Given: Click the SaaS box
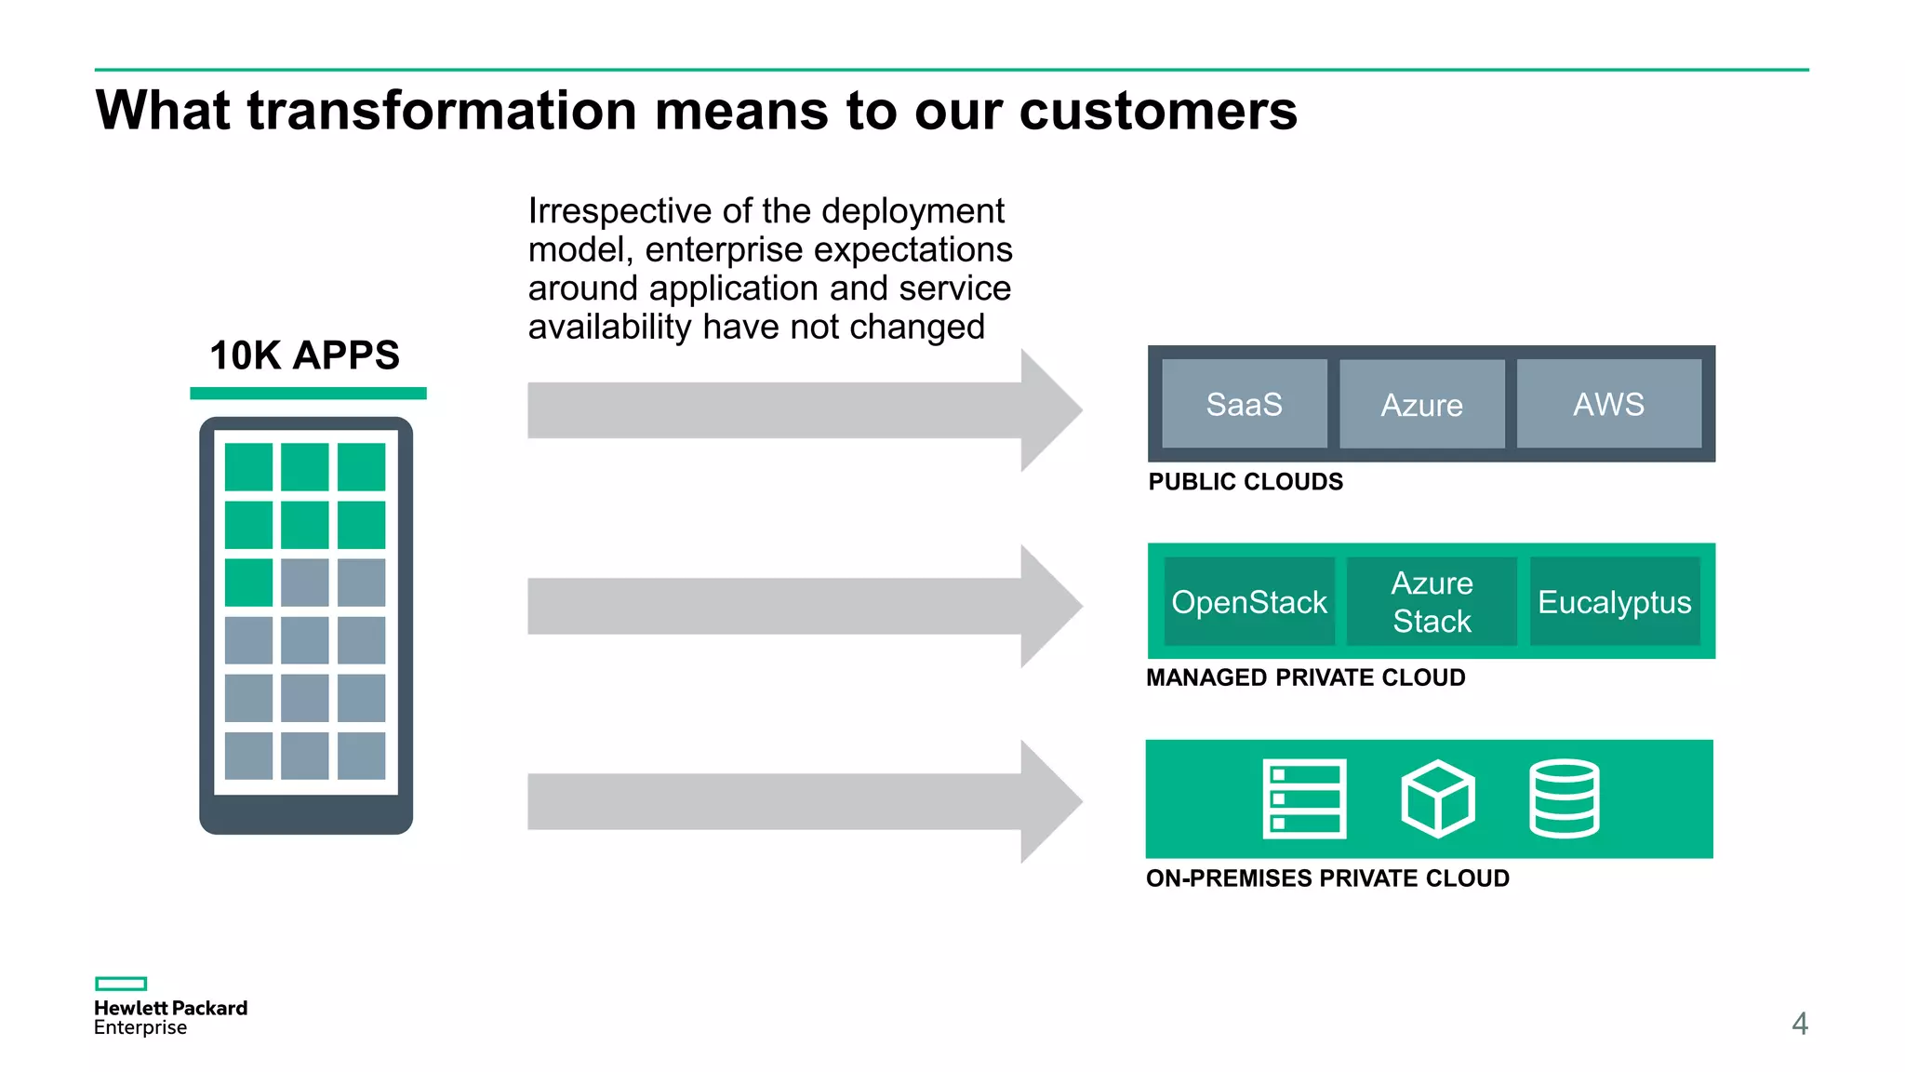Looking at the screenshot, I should click(1244, 404).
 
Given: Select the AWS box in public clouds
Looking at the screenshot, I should click(1608, 404).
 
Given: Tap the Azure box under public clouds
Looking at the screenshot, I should click(1421, 404).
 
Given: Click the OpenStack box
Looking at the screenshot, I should click(1248, 601).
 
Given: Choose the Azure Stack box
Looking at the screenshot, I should click(1432, 601).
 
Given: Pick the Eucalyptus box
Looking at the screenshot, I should click(1614, 601).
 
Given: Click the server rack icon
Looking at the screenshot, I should click(1304, 798).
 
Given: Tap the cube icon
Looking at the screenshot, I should click(1437, 798).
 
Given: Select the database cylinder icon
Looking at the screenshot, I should click(1564, 798).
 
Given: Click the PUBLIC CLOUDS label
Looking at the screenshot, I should click(1246, 482).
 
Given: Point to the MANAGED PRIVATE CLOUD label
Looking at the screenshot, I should click(1305, 677).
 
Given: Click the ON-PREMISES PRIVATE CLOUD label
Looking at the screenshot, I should click(1327, 878).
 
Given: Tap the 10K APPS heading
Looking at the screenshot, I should click(304, 355).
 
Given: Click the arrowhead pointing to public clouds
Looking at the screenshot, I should click(1049, 410).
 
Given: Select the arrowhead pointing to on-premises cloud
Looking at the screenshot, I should click(1049, 801).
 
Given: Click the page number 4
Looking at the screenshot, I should click(1799, 1024).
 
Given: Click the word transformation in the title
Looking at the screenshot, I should click(442, 111).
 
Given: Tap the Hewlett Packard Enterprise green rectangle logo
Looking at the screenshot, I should click(121, 984).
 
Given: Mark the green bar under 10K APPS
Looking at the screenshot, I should click(308, 394).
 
